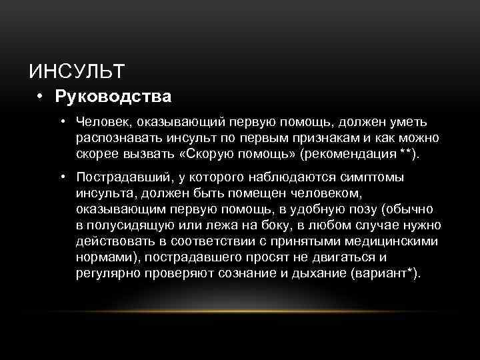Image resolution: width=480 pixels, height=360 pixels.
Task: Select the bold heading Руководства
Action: [x=113, y=97]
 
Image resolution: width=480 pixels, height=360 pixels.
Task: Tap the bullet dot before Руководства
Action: [x=41, y=97]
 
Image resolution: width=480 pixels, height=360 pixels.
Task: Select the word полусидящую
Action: [x=129, y=225]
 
